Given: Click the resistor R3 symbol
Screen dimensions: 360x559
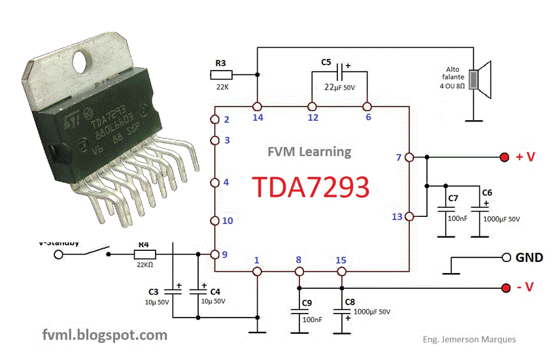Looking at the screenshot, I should tap(220, 76).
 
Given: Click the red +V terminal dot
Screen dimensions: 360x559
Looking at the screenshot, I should tap(505, 157).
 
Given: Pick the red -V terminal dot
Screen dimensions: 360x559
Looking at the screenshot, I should tap(505, 288).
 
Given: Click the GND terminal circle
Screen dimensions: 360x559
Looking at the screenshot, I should tap(505, 257).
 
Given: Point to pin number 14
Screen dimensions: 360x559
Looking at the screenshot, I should tap(258, 118).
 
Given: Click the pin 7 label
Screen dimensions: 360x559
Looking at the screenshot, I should tap(399, 157).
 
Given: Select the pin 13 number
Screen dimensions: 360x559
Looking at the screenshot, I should tap(397, 217).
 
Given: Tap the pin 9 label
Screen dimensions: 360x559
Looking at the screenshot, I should tap(226, 255).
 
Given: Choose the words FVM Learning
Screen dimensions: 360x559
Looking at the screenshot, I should tap(309, 152).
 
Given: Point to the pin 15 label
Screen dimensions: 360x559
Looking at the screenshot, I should tap(341, 260).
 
